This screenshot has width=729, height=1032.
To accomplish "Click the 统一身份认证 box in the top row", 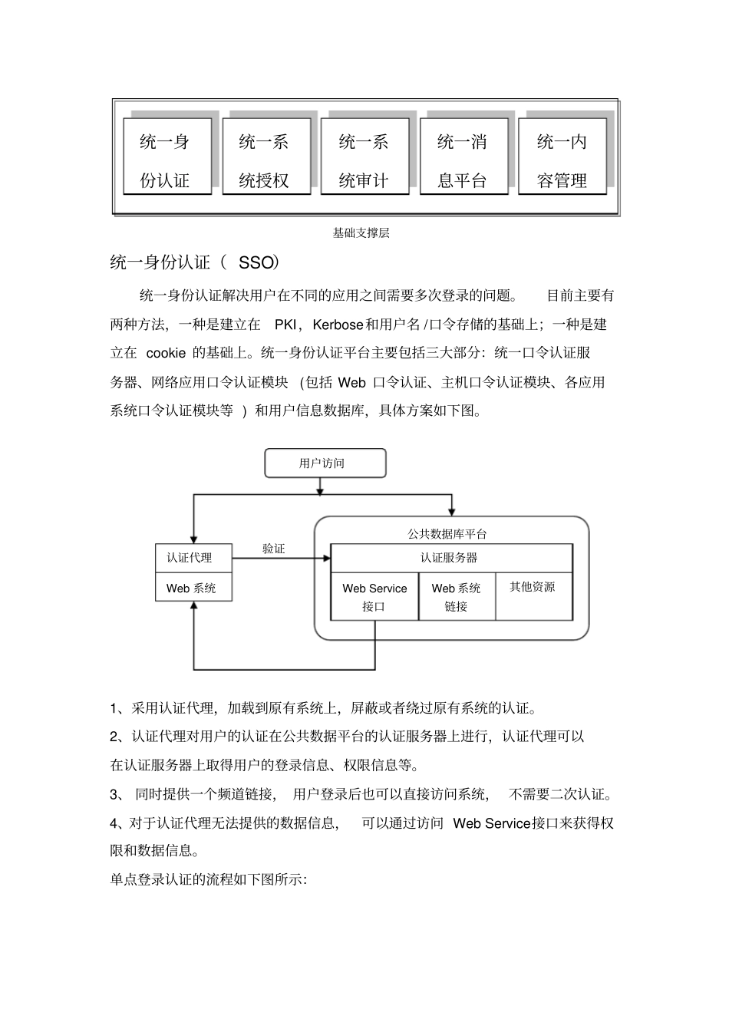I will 167,157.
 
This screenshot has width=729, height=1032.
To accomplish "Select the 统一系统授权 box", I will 266,157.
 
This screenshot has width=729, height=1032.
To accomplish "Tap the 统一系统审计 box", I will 364,157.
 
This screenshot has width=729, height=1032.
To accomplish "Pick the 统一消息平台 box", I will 463,157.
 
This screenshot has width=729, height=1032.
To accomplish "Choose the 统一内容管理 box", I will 562,157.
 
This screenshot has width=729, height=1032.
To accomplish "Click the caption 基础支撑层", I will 361,233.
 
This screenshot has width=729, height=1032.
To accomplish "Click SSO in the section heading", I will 256,263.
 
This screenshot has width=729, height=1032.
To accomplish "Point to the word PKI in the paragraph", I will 285,325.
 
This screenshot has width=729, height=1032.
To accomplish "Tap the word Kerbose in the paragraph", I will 338,325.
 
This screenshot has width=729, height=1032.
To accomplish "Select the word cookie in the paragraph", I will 166,353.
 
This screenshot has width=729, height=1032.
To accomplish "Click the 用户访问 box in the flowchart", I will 325,463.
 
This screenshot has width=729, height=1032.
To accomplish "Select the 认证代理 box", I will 193,558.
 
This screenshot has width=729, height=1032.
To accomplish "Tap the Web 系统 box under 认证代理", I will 193,589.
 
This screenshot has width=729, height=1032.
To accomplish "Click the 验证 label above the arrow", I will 273,549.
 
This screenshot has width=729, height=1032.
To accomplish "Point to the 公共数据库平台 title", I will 447,533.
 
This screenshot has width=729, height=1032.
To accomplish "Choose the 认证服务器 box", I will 450,558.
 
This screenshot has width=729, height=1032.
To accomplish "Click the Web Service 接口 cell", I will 374,597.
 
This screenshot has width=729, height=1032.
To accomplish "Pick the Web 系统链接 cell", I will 457,597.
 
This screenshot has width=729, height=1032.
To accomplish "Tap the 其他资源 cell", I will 533,588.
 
